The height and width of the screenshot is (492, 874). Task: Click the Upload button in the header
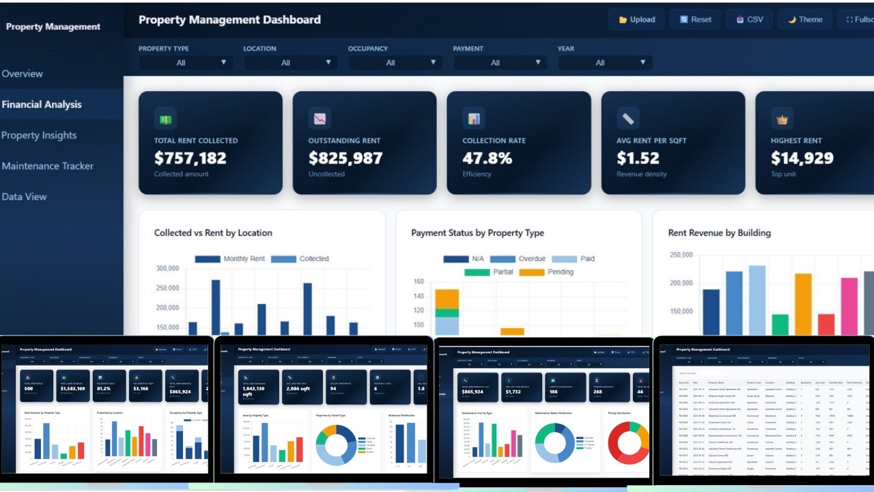click(636, 20)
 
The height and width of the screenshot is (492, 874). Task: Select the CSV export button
click(749, 20)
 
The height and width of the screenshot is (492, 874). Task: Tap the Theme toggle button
click(805, 20)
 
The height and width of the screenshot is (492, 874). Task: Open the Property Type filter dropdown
click(185, 63)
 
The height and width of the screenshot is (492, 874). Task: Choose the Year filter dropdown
click(604, 63)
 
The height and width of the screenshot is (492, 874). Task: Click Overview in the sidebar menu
click(23, 74)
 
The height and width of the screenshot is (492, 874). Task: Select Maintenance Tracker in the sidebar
click(47, 166)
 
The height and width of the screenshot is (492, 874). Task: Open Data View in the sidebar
click(24, 197)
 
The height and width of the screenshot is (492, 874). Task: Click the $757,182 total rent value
click(190, 159)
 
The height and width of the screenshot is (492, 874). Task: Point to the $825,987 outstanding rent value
click(345, 159)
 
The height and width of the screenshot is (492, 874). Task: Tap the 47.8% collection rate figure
click(487, 159)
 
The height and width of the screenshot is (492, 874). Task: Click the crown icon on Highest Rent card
click(782, 119)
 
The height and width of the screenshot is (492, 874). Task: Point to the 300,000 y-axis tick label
click(167, 269)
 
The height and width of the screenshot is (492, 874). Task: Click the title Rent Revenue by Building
click(719, 233)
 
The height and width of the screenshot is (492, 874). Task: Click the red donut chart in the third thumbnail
click(628, 443)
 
